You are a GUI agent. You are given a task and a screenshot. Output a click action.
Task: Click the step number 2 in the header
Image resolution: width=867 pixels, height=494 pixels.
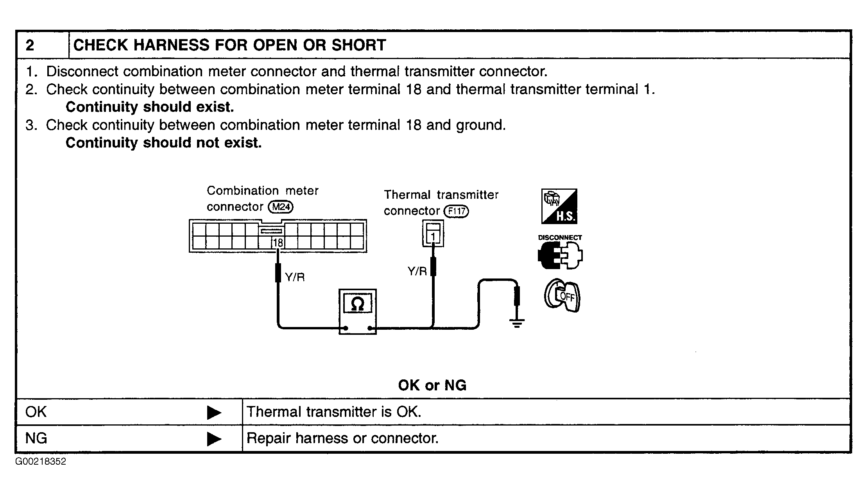(30, 45)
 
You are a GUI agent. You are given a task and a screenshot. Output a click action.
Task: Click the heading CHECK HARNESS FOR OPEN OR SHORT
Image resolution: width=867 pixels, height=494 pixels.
(229, 45)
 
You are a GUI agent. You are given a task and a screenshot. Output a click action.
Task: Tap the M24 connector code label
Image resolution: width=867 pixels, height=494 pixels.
(280, 207)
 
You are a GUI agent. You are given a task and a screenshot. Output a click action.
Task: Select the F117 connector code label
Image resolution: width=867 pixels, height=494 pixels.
(457, 212)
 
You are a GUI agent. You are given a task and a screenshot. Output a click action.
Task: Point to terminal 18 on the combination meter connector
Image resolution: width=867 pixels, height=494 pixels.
(278, 243)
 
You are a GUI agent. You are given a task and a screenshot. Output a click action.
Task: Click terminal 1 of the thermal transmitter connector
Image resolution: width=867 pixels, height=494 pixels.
(433, 237)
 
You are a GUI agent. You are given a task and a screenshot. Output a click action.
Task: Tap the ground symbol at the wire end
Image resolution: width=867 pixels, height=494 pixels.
(517, 322)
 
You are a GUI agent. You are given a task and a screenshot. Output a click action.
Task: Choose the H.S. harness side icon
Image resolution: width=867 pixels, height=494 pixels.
(559, 207)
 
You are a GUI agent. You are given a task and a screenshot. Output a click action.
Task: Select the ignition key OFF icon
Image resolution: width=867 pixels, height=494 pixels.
(562, 296)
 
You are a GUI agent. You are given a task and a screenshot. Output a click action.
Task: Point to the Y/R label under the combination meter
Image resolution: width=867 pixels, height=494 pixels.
(295, 277)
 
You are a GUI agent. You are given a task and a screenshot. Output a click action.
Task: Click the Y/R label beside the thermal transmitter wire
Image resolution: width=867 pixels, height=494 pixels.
(417, 271)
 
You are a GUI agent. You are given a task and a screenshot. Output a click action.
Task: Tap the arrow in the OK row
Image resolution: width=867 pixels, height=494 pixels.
(214, 412)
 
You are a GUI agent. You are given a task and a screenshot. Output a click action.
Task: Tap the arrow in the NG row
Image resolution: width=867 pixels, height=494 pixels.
(214, 439)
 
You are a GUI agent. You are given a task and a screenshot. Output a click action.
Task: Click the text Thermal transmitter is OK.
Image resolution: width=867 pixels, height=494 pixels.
(334, 412)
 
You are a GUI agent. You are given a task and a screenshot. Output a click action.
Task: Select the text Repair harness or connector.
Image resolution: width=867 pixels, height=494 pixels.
(342, 438)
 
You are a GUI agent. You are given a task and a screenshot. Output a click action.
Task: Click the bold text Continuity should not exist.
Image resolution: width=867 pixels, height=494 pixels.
(163, 143)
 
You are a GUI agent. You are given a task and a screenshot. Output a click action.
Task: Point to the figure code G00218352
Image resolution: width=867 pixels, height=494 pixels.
(41, 462)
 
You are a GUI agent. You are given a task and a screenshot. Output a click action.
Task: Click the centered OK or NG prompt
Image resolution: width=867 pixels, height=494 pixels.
(432, 386)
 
